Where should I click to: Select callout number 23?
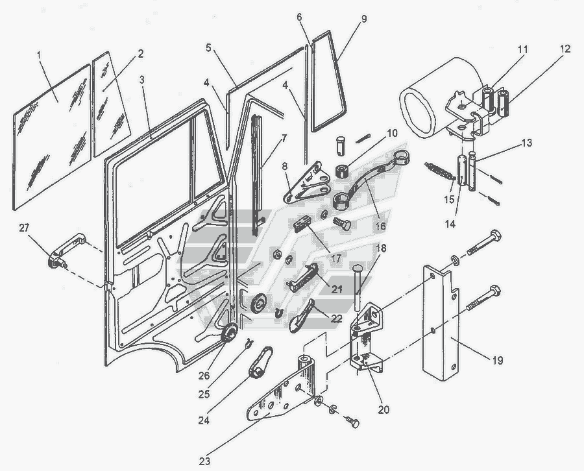coord(205,461)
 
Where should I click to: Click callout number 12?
coord(565,48)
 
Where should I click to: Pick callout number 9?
coord(364,19)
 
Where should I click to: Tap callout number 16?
coord(380,226)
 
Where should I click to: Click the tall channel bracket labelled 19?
coord(441,324)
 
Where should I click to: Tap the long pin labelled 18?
coord(358,285)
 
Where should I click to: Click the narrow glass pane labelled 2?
coord(110,104)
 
